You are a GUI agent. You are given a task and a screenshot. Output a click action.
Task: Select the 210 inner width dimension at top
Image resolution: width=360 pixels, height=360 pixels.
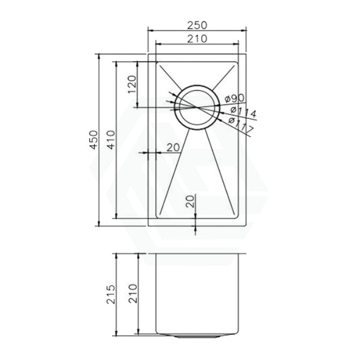(197, 39)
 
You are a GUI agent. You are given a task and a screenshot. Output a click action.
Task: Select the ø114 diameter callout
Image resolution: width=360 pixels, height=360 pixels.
(243, 112)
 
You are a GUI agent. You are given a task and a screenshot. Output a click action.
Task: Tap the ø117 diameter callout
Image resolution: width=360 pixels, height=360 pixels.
(241, 126)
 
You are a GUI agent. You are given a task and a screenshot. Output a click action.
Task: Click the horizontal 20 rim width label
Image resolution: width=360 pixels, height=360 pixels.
(173, 147)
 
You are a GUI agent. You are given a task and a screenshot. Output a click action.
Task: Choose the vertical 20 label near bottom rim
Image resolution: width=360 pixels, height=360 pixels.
(191, 201)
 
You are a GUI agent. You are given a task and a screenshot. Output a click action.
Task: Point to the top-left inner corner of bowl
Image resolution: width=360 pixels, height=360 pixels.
(156, 62)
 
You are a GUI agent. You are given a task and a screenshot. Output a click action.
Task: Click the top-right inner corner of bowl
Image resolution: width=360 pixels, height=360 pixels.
(238, 62)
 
